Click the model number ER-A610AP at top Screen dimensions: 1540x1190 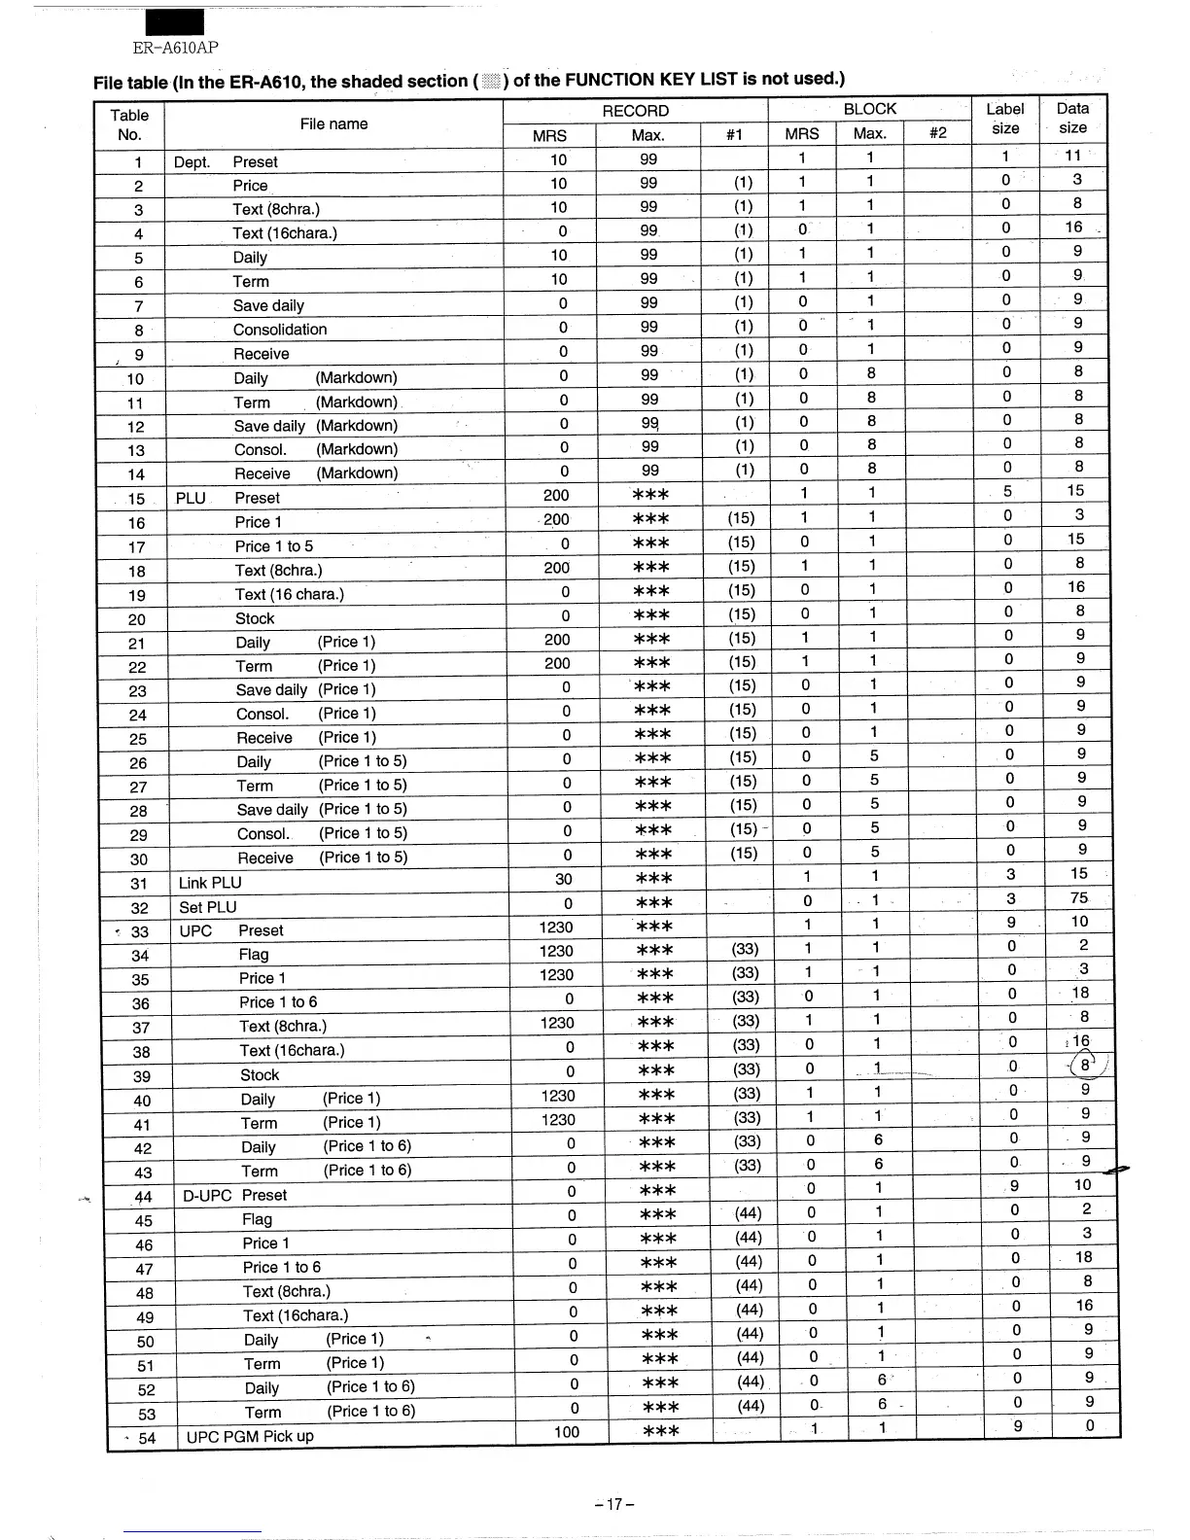pyautogui.click(x=175, y=48)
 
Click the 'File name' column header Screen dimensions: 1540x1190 pyautogui.click(x=333, y=123)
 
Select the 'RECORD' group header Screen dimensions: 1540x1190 pyautogui.click(x=636, y=111)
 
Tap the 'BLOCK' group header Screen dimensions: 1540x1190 pyautogui.click(x=870, y=109)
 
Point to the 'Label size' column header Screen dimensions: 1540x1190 pyautogui.click(x=1005, y=119)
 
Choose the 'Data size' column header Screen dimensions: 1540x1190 pyautogui.click(x=1072, y=118)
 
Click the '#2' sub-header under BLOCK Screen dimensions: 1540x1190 pyautogui.click(x=938, y=134)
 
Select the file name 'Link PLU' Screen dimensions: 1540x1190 pyautogui.click(x=210, y=883)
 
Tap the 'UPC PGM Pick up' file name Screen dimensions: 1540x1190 pyautogui.click(x=250, y=1436)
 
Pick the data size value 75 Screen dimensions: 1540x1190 pyautogui.click(x=1079, y=897)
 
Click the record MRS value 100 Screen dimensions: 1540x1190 pyautogui.click(x=567, y=1431)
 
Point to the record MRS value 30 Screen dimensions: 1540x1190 pyautogui.click(x=564, y=879)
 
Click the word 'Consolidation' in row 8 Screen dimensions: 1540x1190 pyautogui.click(x=280, y=330)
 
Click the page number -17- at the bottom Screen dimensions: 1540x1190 pyautogui.click(x=614, y=1504)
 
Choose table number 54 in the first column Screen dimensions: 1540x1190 pyautogui.click(x=147, y=1438)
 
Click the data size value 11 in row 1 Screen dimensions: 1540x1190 pyautogui.click(x=1072, y=156)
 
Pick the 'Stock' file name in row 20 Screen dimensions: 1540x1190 pyautogui.click(x=255, y=618)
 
